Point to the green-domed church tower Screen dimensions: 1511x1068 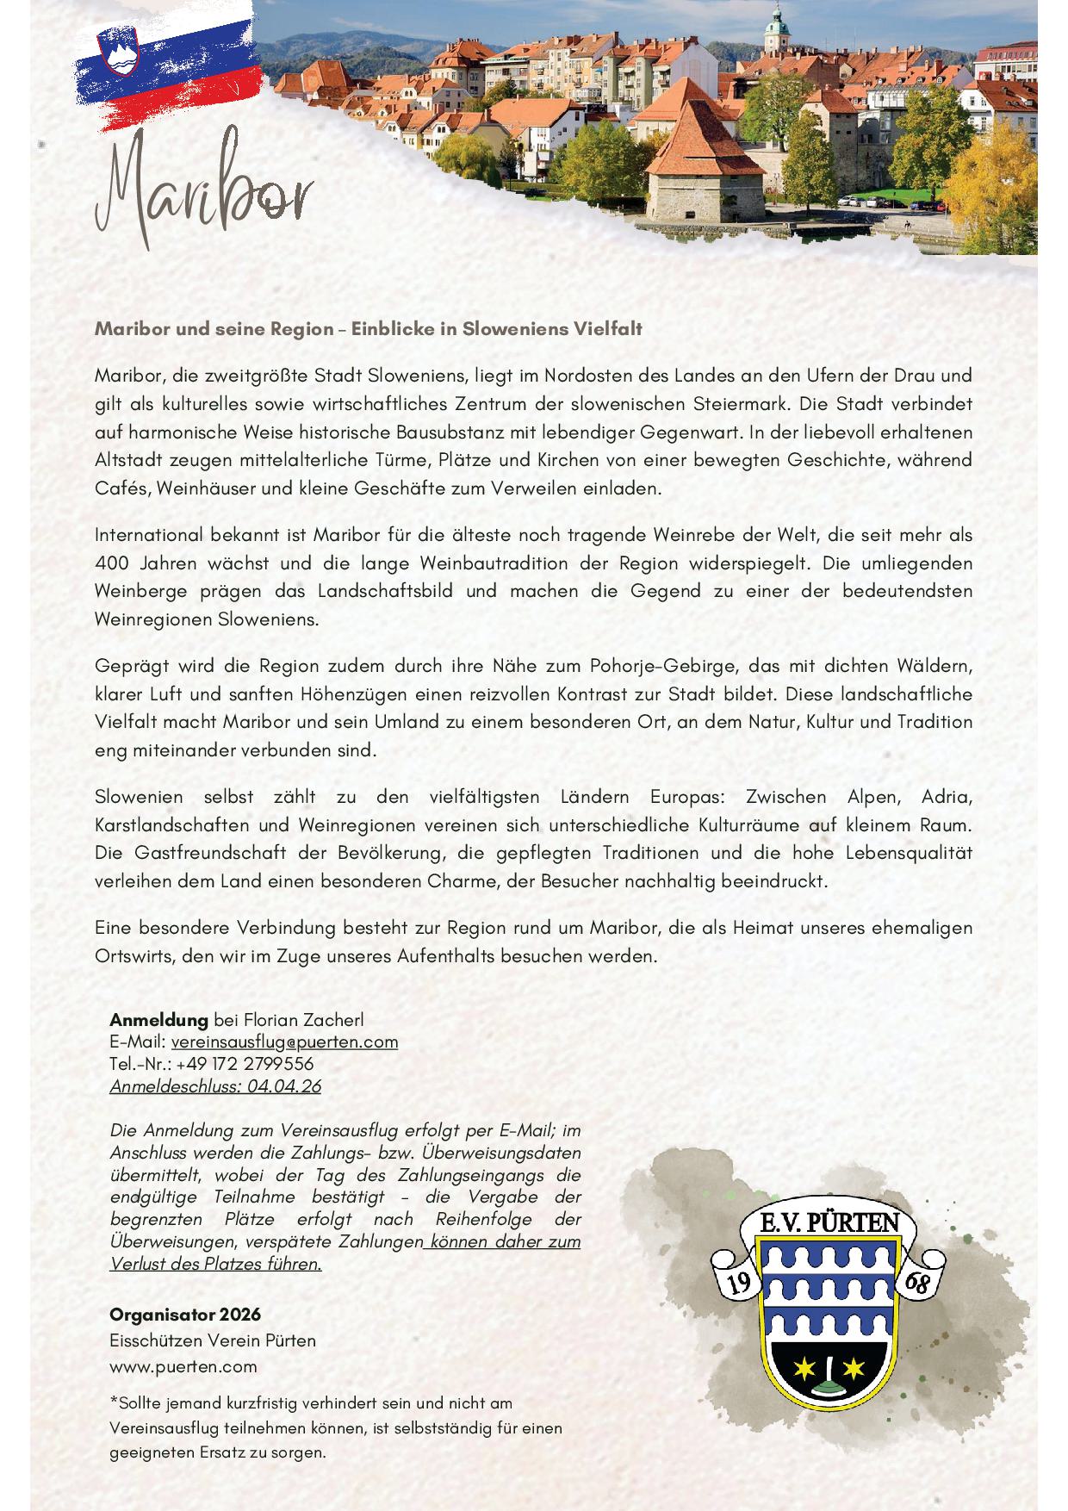tap(778, 30)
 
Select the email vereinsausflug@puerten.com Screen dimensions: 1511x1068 tap(284, 1042)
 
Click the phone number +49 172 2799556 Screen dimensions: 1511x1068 tap(245, 1064)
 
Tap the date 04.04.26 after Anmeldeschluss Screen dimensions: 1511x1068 tap(283, 1086)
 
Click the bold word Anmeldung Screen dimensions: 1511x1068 tap(158, 1020)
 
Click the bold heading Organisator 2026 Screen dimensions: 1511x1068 tap(184, 1315)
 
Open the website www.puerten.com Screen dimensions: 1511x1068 tap(183, 1366)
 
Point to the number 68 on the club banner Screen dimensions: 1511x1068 tap(918, 1283)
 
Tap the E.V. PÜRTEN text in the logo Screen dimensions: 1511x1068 tap(829, 1222)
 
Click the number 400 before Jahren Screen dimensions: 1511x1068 tap(111, 563)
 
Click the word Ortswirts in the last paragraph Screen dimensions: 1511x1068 tap(136, 956)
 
